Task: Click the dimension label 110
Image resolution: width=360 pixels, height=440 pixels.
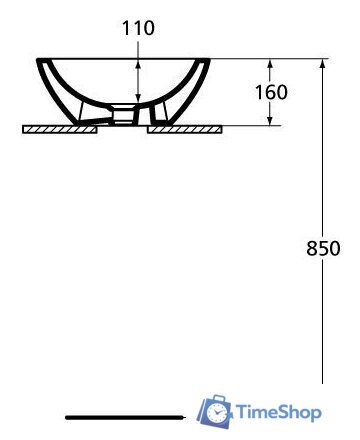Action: (138, 28)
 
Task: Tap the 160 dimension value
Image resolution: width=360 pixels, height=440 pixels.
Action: (271, 92)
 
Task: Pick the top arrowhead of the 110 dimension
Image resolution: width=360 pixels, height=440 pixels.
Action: (138, 63)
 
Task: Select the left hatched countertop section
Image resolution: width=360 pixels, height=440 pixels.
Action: (60, 129)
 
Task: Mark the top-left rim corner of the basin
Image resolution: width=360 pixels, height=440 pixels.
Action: (39, 60)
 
